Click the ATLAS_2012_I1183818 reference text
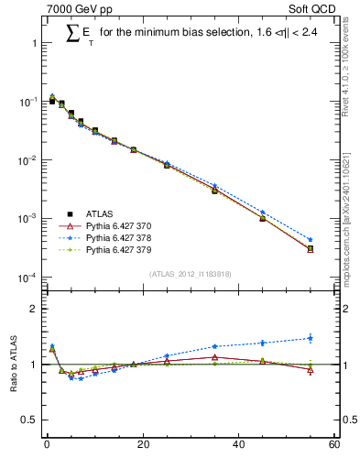coord(189,274)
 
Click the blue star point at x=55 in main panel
coord(311,240)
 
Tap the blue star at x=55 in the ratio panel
coord(311,338)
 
